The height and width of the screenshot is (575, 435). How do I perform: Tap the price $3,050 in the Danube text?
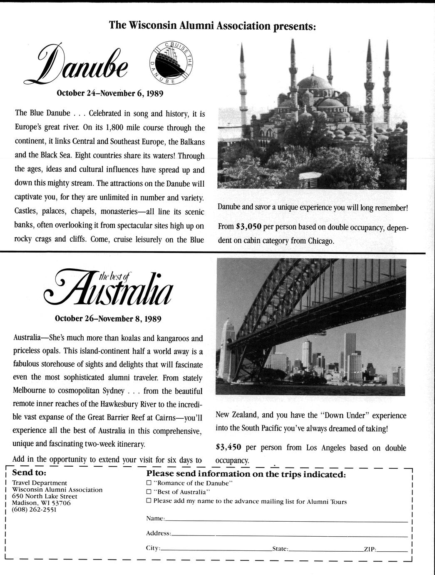[x=247, y=227]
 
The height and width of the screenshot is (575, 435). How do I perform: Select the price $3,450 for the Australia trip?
[x=229, y=447]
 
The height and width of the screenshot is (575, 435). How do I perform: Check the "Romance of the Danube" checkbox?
[x=149, y=483]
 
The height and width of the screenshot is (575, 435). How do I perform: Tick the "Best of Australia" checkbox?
[x=149, y=492]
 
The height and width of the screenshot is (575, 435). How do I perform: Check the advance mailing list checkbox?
[x=149, y=501]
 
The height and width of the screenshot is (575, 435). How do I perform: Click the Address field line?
[x=289, y=535]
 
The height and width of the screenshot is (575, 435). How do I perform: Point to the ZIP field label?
[x=370, y=549]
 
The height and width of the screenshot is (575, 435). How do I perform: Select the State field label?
[x=280, y=549]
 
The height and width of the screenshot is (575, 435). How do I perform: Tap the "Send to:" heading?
[x=29, y=473]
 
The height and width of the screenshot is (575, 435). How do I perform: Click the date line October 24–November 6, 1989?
[x=110, y=93]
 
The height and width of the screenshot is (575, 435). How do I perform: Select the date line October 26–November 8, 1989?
[x=108, y=319]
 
